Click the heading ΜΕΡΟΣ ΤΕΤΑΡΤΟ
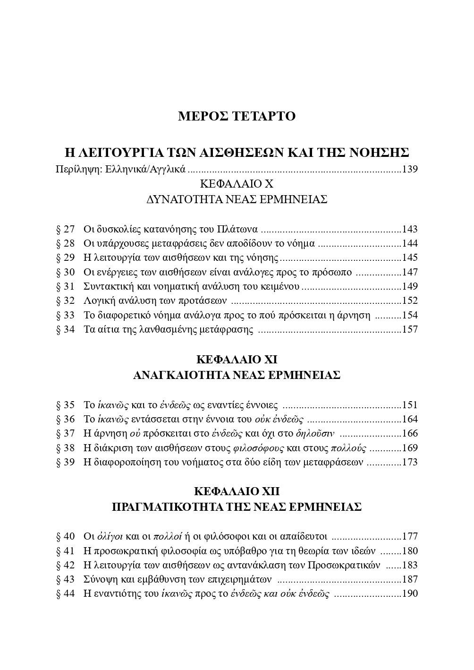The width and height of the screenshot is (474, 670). point(237,116)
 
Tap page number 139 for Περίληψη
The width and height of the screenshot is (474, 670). point(410,169)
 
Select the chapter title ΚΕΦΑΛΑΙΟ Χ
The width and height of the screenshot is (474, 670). point(237,184)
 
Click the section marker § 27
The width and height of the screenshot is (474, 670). point(65,230)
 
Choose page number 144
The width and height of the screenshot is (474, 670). point(410,244)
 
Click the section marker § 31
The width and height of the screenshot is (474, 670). point(65,286)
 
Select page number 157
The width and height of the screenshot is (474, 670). point(410,329)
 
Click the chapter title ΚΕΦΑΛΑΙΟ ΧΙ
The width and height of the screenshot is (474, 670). point(237,360)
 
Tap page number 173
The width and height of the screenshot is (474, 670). point(410,462)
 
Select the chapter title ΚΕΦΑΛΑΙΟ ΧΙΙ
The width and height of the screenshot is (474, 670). point(237,491)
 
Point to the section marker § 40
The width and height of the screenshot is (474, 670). point(65,536)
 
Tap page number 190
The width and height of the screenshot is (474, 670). point(410,594)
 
